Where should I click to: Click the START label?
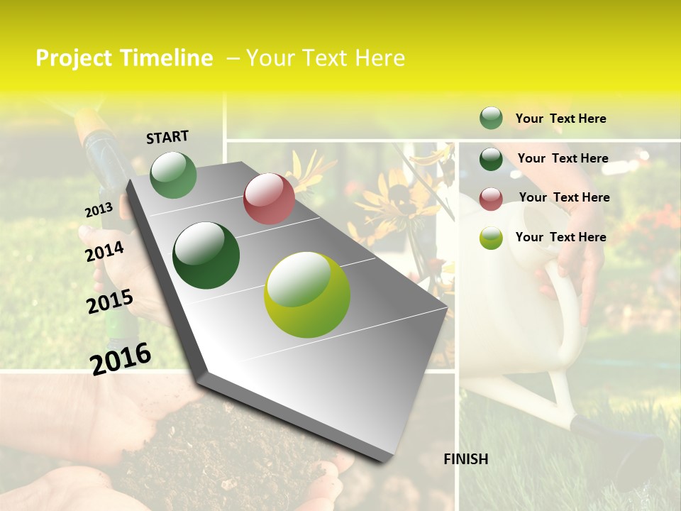(x=167, y=137)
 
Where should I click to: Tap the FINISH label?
(x=466, y=459)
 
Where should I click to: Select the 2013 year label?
(x=99, y=210)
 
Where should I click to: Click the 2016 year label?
(x=121, y=358)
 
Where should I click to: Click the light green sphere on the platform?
(x=174, y=175)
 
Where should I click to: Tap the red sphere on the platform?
(x=269, y=199)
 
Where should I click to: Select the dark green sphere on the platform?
(x=206, y=255)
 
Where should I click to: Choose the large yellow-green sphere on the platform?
(x=307, y=295)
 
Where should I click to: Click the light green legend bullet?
(x=491, y=119)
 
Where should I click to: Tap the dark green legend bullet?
(x=491, y=159)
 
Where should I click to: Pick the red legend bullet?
(x=491, y=199)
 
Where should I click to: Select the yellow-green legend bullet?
(x=491, y=238)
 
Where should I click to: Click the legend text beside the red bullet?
(x=564, y=197)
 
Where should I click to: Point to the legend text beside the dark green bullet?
(x=563, y=158)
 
